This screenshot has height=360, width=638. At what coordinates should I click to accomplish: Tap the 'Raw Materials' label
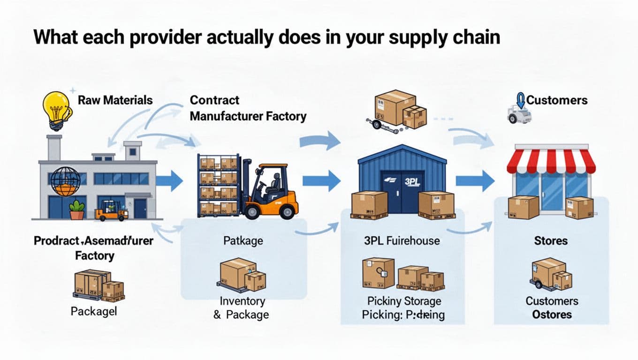coord(115,100)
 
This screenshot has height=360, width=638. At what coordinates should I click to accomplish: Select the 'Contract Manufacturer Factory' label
coord(248,108)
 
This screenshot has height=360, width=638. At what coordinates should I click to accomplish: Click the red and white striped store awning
coord(551,161)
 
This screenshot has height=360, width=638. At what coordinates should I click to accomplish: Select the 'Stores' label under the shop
coord(551,241)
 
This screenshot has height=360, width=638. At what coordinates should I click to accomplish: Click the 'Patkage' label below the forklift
coord(243,241)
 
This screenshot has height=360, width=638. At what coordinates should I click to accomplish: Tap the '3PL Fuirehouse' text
coord(402,241)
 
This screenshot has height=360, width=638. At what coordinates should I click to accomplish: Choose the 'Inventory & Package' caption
coord(242,307)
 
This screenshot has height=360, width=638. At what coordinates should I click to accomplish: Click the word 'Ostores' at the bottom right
coord(552,314)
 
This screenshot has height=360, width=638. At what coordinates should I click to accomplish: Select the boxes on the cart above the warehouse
coord(399,110)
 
